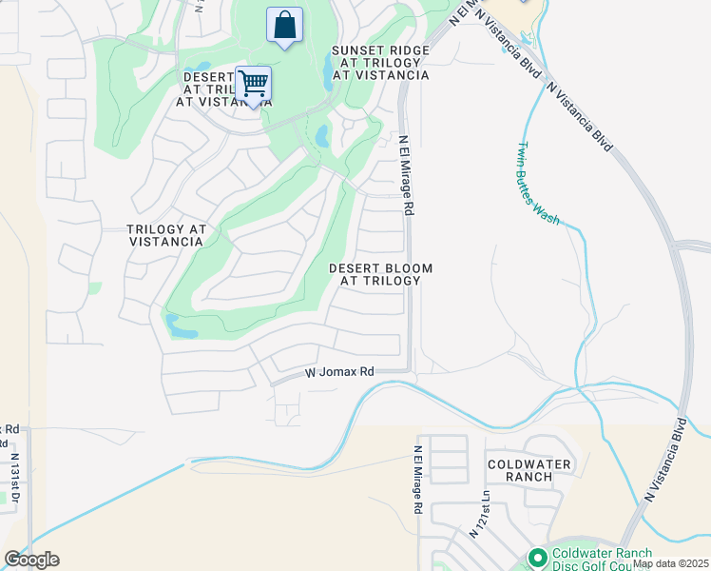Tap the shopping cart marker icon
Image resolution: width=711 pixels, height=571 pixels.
(253, 85)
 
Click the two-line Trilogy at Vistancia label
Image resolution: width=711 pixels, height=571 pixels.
(166, 235)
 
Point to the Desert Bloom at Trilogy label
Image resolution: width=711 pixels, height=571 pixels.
(375, 274)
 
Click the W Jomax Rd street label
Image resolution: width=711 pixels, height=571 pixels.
(339, 373)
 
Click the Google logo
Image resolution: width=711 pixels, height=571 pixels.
(31, 560)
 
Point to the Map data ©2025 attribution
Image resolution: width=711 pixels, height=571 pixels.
(669, 563)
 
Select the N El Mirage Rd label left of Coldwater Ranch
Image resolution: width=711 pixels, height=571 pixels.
(417, 481)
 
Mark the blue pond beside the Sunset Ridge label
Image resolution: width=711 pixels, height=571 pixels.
(328, 67)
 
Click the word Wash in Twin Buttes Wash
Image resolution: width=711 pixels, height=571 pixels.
(548, 211)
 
